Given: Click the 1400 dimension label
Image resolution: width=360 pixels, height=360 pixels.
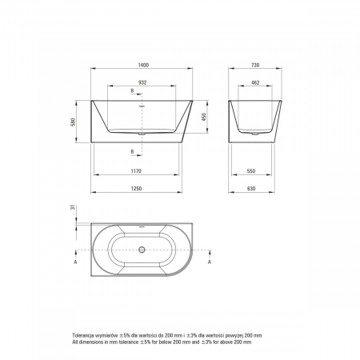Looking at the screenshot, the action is tap(143, 65).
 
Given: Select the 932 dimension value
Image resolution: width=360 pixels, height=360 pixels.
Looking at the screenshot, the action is tap(142, 82).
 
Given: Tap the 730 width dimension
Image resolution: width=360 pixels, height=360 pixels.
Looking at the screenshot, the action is tap(255, 65).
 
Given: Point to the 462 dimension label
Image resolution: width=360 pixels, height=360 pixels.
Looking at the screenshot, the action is tap(255, 82).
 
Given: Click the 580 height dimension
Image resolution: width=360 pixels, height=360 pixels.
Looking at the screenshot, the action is tap(74, 122).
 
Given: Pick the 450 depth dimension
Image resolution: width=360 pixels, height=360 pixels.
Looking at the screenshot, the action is tap(204, 117).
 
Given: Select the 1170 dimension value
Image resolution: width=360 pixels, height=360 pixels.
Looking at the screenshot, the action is tap(136, 171).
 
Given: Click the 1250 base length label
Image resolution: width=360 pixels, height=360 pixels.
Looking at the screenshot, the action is tap(136, 189).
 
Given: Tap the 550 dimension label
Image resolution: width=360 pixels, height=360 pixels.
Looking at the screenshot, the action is tap(251, 171).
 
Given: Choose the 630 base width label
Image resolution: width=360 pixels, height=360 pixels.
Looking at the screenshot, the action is tap(251, 189).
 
